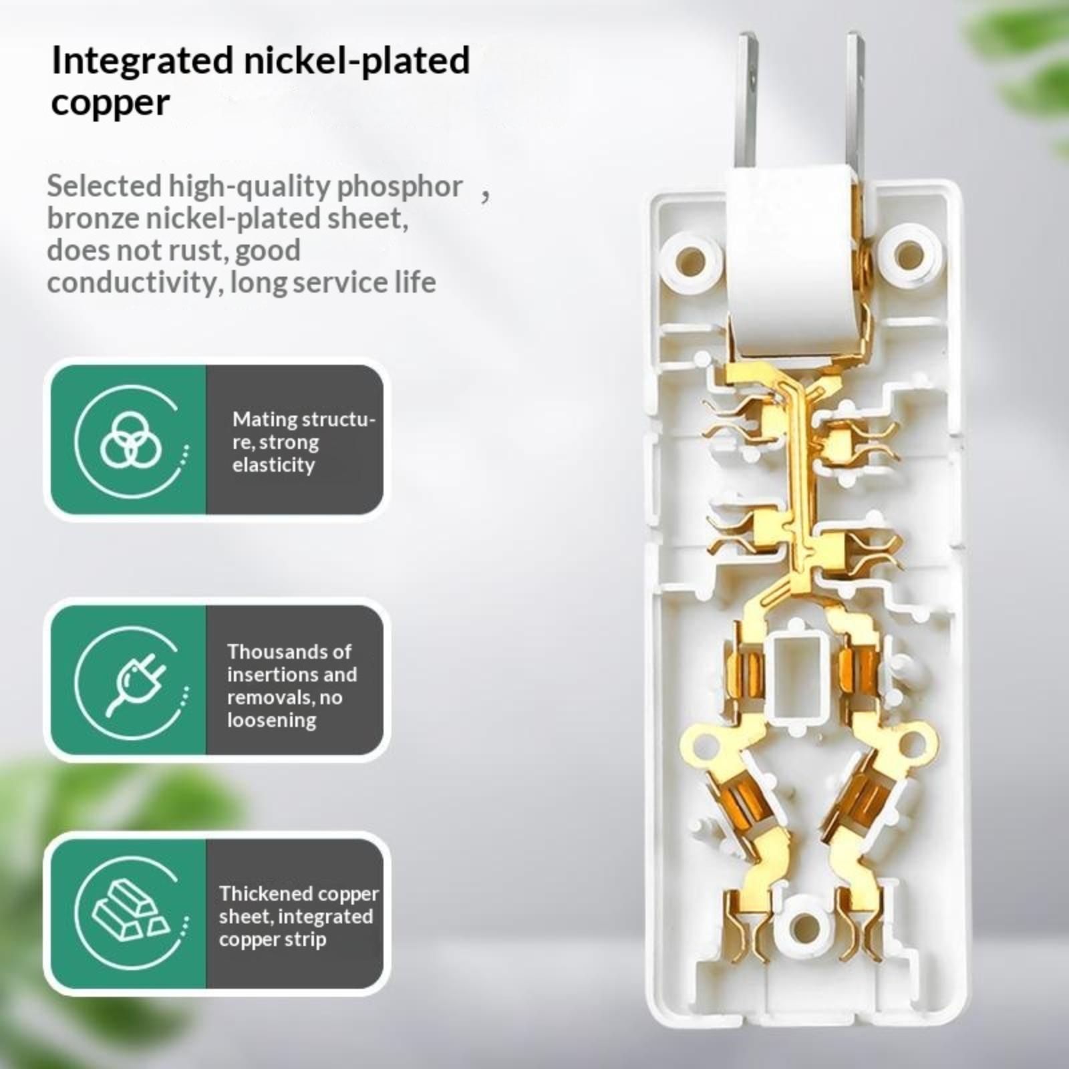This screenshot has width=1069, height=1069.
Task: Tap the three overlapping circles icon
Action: [x=131, y=440]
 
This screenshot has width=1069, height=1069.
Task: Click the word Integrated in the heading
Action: [x=142, y=61]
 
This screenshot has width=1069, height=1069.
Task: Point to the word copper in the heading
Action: [x=110, y=104]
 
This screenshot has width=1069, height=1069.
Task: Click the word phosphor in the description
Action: [x=399, y=187]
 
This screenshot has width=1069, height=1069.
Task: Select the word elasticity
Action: [x=273, y=465]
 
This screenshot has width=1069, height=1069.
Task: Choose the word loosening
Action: [x=271, y=721]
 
